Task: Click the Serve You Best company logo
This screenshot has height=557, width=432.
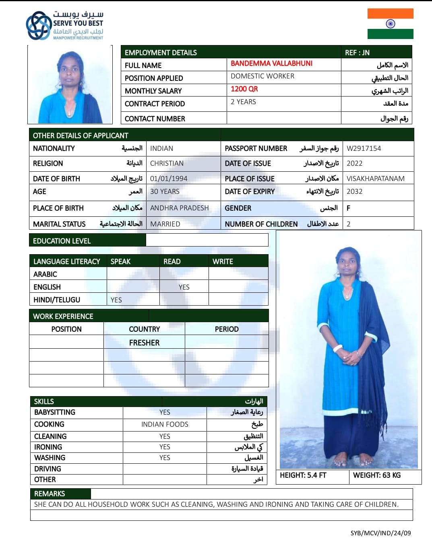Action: coord(64,26)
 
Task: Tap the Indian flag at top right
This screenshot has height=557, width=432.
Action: coord(390,24)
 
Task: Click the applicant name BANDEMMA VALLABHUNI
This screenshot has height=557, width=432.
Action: coord(271,64)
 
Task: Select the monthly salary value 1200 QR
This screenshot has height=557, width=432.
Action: coord(244,89)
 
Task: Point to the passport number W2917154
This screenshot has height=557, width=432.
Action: coord(364,148)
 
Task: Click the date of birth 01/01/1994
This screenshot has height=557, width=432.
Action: coord(169,179)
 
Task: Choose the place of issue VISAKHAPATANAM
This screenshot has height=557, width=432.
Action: coord(375,179)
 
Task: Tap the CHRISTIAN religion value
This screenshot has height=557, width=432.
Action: coord(167,163)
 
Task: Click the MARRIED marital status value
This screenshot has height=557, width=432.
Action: coord(165,224)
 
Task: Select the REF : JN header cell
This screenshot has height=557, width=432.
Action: coord(357,53)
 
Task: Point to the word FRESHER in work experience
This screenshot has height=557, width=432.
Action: coord(144,343)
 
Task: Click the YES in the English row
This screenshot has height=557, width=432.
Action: coord(184,287)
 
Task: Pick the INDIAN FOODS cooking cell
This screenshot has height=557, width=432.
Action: coord(165,424)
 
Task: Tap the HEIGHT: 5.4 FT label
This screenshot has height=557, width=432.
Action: coord(303,475)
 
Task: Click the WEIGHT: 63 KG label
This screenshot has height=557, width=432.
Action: coord(377,475)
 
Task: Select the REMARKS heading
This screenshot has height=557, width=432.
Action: coord(50,494)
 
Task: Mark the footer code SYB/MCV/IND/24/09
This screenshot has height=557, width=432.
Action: coord(380,533)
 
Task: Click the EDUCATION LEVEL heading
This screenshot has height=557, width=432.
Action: coord(62,241)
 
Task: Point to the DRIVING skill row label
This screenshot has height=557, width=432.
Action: coord(48,469)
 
